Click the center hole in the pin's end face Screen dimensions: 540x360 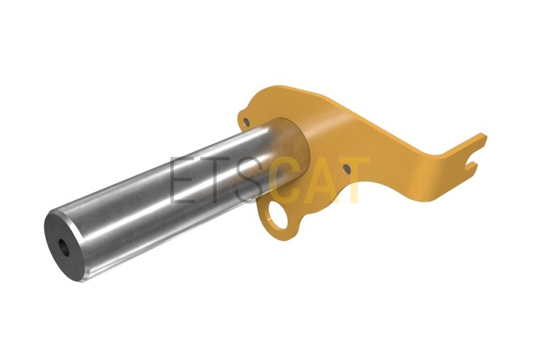(x=64, y=247)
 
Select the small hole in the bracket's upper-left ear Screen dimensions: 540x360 (x=246, y=122)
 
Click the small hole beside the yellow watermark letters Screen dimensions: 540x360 (x=346, y=169)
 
